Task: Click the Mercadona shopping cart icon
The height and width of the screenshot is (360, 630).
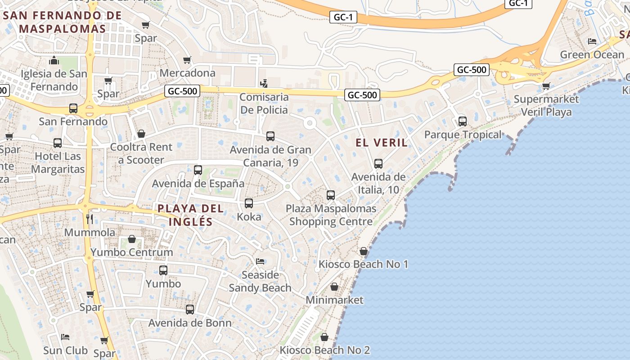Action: pyautogui.click(x=187, y=60)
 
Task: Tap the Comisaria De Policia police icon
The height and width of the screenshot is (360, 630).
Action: pyautogui.click(x=264, y=83)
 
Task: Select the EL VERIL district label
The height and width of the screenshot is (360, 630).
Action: pyautogui.click(x=382, y=143)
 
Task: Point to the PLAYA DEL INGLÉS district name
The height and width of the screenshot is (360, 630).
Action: pyautogui.click(x=190, y=215)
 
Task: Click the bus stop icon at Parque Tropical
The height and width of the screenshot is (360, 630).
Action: pyautogui.click(x=462, y=121)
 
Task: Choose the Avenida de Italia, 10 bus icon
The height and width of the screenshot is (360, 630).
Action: pyautogui.click(x=378, y=164)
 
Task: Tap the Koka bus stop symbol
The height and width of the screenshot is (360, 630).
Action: pyautogui.click(x=249, y=203)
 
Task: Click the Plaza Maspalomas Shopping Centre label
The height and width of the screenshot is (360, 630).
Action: pyautogui.click(x=331, y=215)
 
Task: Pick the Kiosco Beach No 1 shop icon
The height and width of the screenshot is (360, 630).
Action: pyautogui.click(x=364, y=251)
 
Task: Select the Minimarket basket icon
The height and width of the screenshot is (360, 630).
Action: pyautogui.click(x=334, y=287)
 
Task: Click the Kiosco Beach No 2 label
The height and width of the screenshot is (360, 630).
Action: pyautogui.click(x=325, y=350)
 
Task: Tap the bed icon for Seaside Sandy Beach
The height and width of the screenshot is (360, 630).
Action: pyautogui.click(x=260, y=261)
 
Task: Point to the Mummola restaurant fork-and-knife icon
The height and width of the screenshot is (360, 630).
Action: pyautogui.click(x=90, y=219)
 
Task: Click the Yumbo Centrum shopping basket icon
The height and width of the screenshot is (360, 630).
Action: pyautogui.click(x=132, y=239)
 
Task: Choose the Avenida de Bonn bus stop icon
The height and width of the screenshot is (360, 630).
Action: pyautogui.click(x=190, y=310)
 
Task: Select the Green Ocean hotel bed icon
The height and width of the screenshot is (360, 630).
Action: pyautogui.click(x=592, y=41)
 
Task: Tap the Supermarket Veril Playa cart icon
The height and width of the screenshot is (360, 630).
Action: pyautogui.click(x=546, y=86)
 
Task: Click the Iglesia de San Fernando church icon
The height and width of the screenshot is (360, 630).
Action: pyautogui.click(x=54, y=60)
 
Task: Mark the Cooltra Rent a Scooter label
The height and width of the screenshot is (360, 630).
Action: pyautogui.click(x=141, y=153)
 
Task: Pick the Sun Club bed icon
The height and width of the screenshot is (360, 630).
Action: pyautogui.click(x=65, y=337)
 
